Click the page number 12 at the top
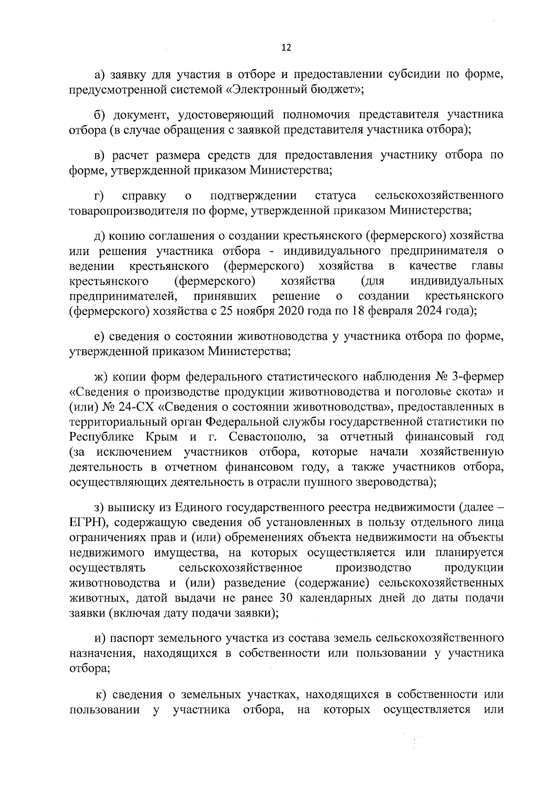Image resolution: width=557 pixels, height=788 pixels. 286,48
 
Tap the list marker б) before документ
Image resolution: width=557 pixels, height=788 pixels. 99,115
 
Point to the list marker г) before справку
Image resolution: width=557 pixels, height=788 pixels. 98,196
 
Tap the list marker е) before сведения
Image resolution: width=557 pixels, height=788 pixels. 98,336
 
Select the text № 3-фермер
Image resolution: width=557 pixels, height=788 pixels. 470,376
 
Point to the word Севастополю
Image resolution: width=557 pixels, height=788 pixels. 268,437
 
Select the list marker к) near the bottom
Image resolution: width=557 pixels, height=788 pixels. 101,695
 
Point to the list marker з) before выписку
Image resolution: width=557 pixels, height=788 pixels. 98,507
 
